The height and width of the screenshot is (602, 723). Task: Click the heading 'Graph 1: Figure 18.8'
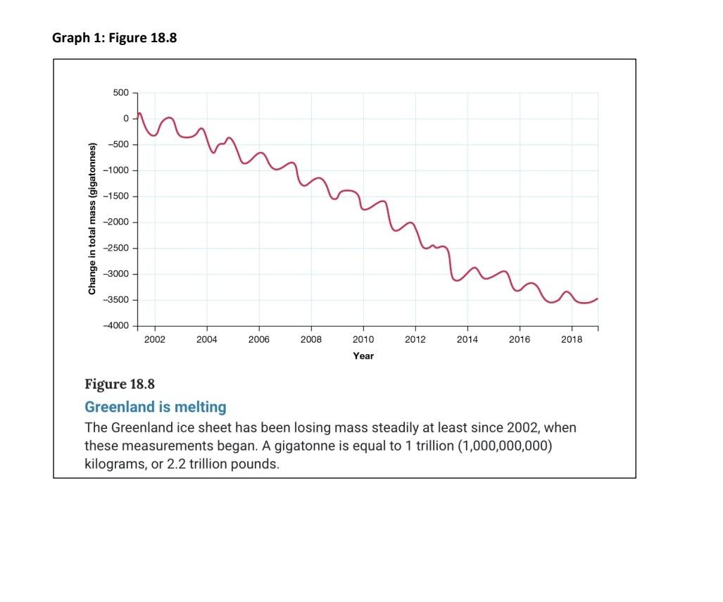point(114,38)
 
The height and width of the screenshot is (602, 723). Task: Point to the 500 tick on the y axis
point(120,93)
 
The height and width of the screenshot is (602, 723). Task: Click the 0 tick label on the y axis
point(125,118)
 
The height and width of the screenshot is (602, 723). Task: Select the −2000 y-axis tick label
point(116,222)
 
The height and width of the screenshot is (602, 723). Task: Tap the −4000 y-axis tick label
point(116,326)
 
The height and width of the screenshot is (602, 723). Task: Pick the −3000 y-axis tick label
point(116,275)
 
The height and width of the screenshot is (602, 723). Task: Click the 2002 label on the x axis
point(155,340)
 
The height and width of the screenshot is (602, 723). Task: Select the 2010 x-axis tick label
point(363,340)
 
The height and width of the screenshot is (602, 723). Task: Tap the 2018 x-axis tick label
point(572,340)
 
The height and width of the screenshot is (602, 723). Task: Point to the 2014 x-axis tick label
point(467,340)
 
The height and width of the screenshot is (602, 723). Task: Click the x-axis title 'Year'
point(363,356)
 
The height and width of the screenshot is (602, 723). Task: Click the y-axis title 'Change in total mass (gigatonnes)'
point(92,218)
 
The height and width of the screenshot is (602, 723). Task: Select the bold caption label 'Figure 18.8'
point(119,384)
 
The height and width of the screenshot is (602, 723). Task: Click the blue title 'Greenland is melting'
point(156,407)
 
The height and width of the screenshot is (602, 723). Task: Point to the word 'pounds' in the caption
point(256,465)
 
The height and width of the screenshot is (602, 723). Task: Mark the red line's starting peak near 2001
point(139,113)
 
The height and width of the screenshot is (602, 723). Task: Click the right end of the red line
point(598,299)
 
